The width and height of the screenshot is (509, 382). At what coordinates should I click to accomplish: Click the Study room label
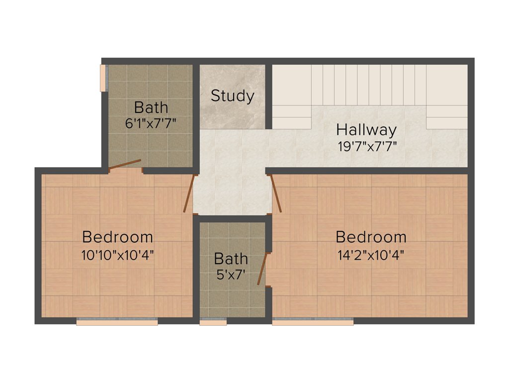point(232,95)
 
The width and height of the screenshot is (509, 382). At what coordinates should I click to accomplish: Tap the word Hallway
point(366,130)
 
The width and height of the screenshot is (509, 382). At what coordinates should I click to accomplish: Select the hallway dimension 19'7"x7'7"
point(366,147)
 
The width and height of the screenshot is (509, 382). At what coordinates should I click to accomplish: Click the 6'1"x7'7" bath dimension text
point(151,123)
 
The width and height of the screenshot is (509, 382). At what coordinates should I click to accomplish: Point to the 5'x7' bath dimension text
point(231,275)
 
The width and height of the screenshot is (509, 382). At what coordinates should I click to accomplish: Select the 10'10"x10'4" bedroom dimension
point(117,255)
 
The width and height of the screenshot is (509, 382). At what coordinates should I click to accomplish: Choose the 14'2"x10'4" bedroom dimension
point(371,255)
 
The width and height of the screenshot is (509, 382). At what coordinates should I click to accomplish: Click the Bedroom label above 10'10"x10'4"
point(117,236)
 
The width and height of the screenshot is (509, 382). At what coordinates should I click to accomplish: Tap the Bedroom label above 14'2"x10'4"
point(371,236)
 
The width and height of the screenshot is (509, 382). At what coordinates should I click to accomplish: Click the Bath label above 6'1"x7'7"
point(151,107)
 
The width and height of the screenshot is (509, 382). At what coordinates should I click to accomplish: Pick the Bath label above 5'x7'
point(231,259)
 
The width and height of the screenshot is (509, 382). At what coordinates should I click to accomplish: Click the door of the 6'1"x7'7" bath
point(125,165)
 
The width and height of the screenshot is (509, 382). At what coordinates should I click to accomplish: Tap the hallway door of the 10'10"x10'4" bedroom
point(188,193)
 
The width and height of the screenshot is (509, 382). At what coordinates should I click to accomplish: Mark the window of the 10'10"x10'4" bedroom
point(117,321)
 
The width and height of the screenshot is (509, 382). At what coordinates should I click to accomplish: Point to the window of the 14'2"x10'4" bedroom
point(313,321)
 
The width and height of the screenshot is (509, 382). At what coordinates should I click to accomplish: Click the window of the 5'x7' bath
point(213,321)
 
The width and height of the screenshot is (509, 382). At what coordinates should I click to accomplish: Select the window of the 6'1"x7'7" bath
point(103,78)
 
